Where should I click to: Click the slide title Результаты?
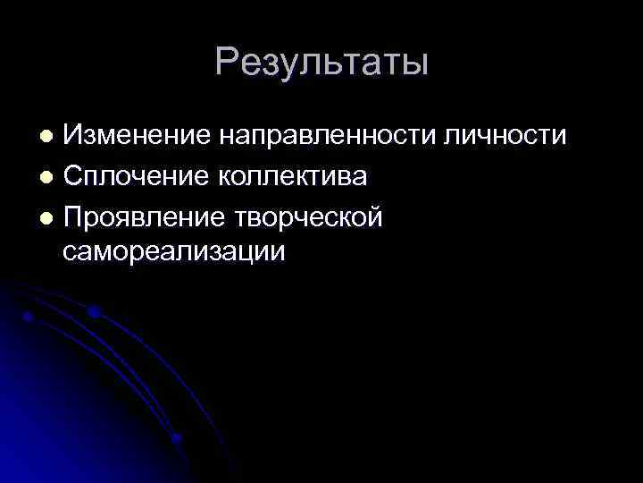(321, 64)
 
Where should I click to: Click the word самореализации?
(175, 251)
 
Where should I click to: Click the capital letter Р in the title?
(229, 64)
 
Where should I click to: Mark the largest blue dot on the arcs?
(93, 312)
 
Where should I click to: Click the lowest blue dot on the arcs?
(176, 437)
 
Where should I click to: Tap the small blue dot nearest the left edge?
(29, 318)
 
